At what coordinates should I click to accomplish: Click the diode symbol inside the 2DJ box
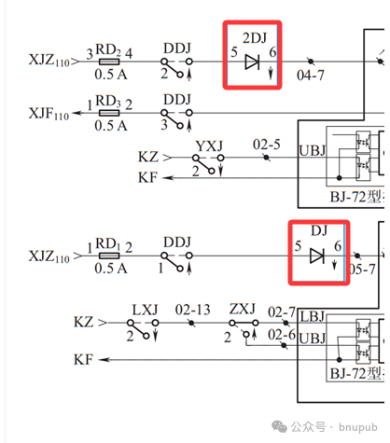tap(252, 62)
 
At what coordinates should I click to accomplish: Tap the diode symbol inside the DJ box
tap(317, 256)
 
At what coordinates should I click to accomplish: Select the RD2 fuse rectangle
tap(109, 62)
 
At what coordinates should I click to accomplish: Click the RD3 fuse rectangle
tap(109, 113)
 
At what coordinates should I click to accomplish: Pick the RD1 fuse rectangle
tap(109, 256)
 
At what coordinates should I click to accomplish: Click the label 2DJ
tap(255, 38)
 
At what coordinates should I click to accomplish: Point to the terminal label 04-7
tap(310, 76)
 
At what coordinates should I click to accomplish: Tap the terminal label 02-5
tap(267, 145)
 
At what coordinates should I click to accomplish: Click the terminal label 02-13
tap(192, 310)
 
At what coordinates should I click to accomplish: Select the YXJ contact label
tap(209, 146)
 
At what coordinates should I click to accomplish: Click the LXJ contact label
tap(145, 310)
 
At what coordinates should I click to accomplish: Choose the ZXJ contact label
tap(243, 309)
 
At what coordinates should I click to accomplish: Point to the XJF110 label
tap(49, 113)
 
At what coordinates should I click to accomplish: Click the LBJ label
tap(313, 317)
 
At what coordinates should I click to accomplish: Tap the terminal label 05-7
tap(362, 270)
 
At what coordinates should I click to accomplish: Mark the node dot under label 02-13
tap(192, 324)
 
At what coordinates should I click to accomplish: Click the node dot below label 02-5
tap(266, 158)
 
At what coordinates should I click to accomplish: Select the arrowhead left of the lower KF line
tap(104, 360)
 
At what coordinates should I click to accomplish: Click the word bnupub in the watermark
tap(358, 427)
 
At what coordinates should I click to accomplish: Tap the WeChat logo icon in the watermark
tap(279, 426)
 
